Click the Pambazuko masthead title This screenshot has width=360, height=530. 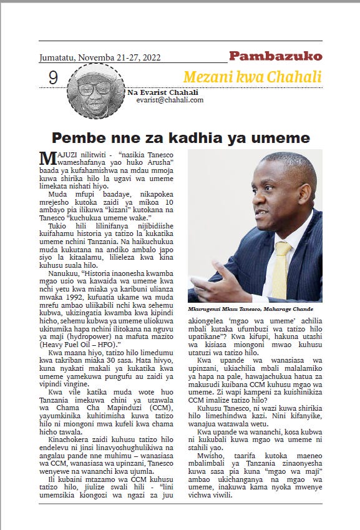click(275, 57)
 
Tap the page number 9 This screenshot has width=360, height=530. click(53, 77)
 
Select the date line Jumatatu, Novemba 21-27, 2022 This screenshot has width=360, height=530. click(100, 57)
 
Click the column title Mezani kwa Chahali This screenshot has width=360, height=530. click(252, 77)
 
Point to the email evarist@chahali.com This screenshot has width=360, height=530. click(170, 100)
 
